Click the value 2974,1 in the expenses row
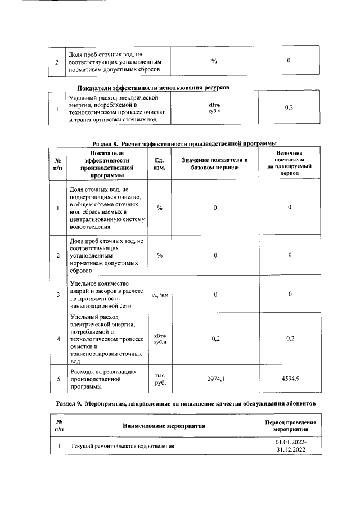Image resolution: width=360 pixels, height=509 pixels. (215, 380)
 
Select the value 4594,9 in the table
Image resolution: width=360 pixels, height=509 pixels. (290, 380)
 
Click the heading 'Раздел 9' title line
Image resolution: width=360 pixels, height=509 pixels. (190, 404)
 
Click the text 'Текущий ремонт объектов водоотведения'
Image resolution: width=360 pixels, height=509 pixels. (122, 447)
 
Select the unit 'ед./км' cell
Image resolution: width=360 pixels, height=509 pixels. (160, 294)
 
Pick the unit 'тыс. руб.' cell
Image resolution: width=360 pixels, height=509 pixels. (160, 380)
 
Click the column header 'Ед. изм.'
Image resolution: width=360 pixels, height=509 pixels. (160, 164)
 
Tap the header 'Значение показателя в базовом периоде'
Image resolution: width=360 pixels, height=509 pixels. (215, 164)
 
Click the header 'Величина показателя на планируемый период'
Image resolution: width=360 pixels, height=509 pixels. (290, 163)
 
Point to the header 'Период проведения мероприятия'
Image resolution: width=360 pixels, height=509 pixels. (291, 426)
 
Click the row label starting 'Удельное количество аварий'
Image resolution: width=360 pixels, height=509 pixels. (101, 294)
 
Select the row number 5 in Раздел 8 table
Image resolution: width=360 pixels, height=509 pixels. (58, 380)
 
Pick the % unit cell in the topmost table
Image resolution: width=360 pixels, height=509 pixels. (214, 61)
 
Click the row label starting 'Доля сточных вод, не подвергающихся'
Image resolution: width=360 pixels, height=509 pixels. (105, 208)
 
